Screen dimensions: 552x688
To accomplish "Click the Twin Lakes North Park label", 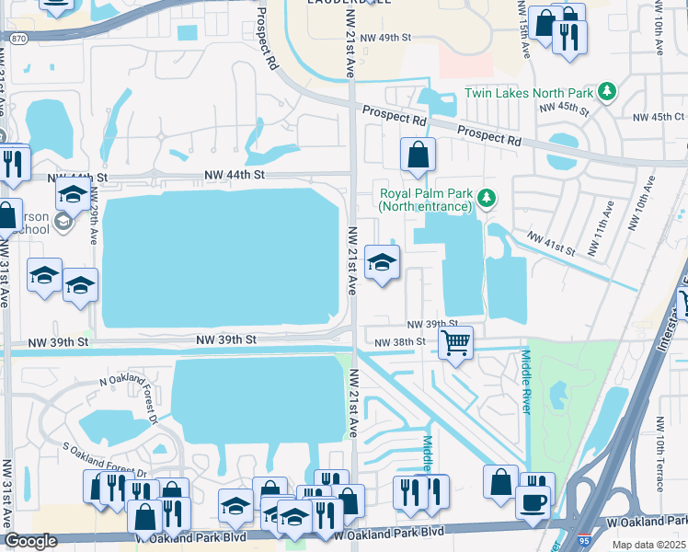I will (x=529, y=92).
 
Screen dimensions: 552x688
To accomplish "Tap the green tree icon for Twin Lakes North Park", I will (x=606, y=91).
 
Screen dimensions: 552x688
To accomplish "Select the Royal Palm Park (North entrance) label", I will (x=425, y=200).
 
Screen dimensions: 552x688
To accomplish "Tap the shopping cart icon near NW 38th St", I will (x=455, y=343).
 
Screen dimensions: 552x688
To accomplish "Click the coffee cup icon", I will (x=533, y=502).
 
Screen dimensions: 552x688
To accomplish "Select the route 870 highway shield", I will (x=16, y=39).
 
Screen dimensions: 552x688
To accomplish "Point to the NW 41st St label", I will (x=551, y=243).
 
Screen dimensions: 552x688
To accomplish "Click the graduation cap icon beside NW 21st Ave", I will (x=382, y=263).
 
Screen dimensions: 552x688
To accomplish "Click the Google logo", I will (x=30, y=542).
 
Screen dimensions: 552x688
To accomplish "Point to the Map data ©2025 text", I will (x=648, y=545).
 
